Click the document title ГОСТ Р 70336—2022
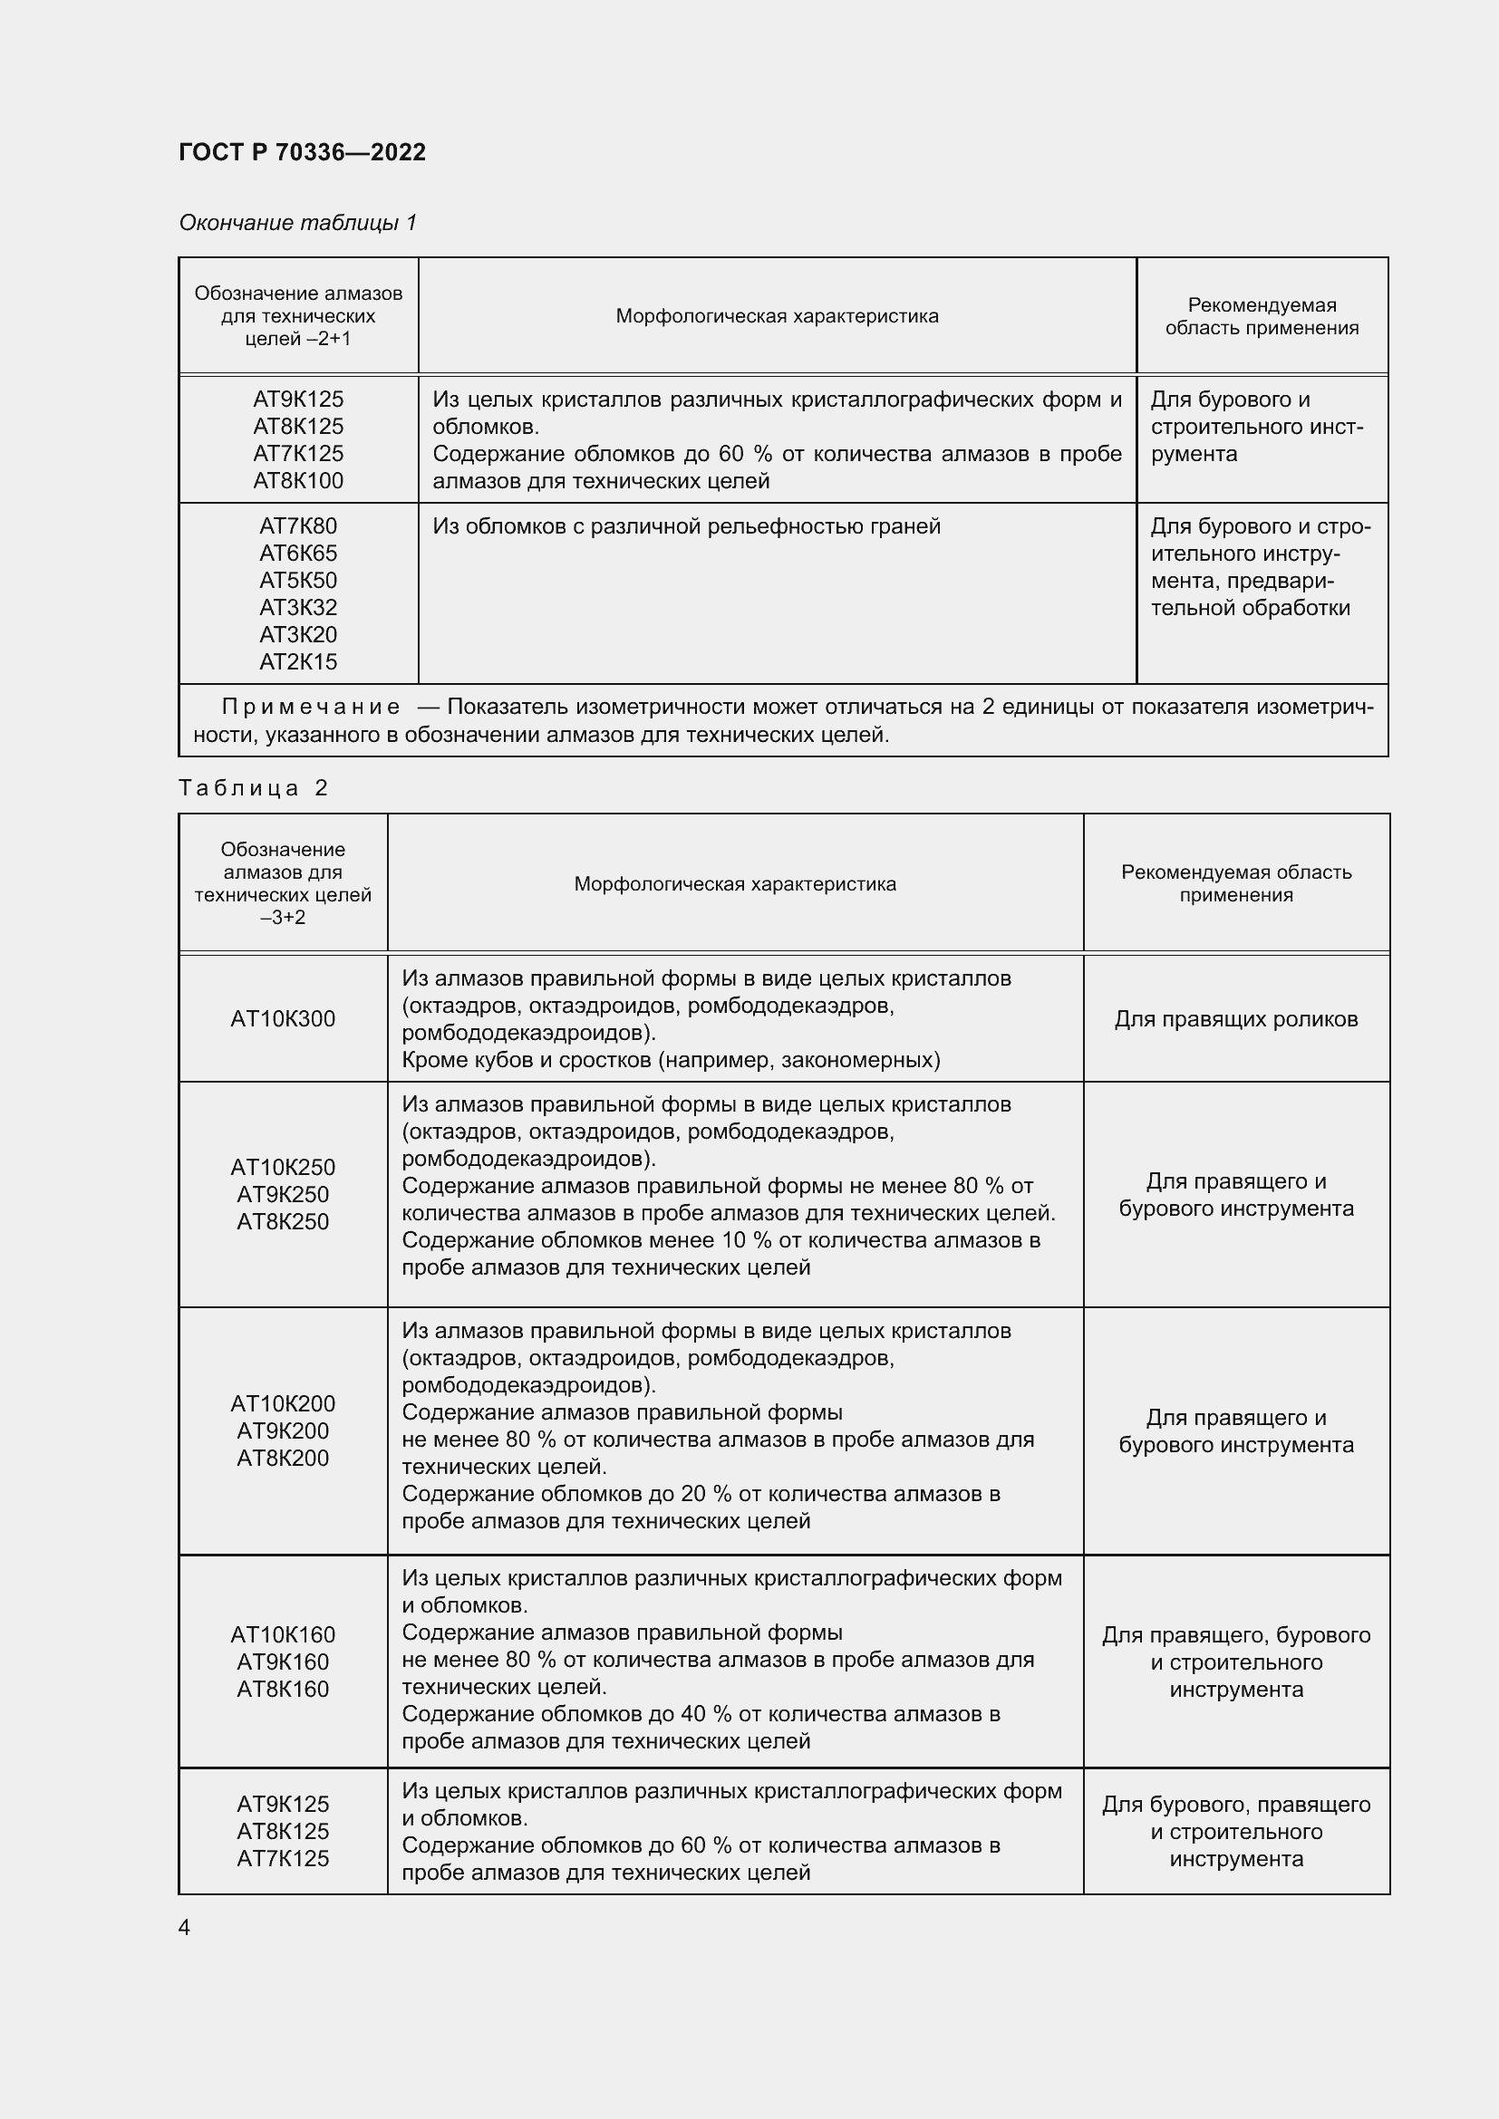point(302,152)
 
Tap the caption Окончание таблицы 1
point(297,223)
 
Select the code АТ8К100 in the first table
point(298,481)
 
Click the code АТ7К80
point(298,526)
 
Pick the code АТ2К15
point(298,661)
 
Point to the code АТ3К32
point(298,607)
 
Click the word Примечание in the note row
point(311,707)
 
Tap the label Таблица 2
point(254,787)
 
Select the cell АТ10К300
point(283,1019)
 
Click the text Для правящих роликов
point(1236,1019)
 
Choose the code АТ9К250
point(283,1194)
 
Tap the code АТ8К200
point(283,1458)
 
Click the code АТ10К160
point(283,1634)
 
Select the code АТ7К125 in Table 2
point(283,1858)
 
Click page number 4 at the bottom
point(184,1927)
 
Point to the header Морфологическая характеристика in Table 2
point(735,884)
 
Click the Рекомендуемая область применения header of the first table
point(1262,316)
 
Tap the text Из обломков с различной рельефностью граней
point(686,526)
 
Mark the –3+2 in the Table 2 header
point(283,918)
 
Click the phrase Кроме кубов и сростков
point(527,1060)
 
